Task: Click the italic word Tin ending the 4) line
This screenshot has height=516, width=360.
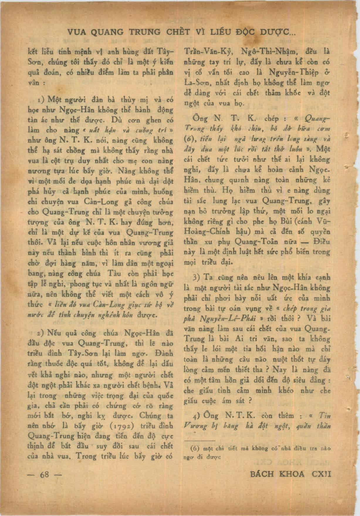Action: click(x=324, y=416)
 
